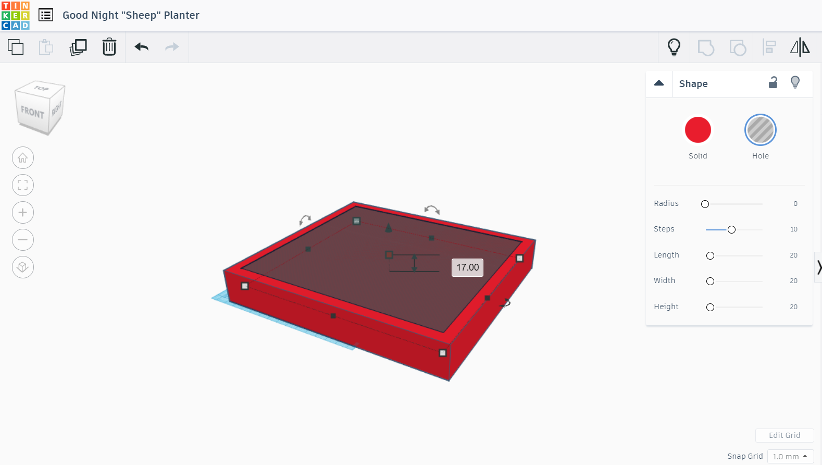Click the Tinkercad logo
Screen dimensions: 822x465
(x=16, y=16)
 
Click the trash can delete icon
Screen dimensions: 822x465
(x=109, y=46)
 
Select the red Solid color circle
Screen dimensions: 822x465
(x=698, y=130)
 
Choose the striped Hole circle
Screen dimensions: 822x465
(x=760, y=130)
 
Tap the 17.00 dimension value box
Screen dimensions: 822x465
(x=467, y=267)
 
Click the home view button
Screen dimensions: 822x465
(x=23, y=158)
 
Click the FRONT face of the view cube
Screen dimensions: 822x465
(x=32, y=112)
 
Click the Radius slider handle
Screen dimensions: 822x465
(x=705, y=204)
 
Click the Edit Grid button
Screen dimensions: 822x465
(x=784, y=435)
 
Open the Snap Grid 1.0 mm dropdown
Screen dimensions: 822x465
(x=790, y=457)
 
